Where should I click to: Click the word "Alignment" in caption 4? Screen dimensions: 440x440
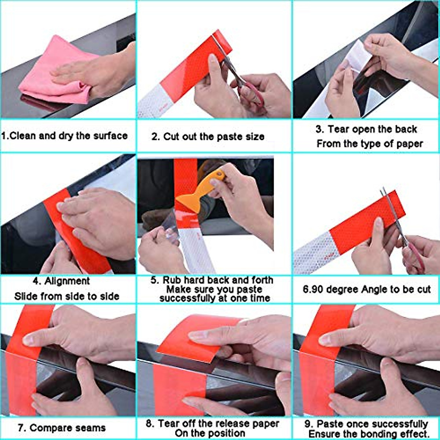67,281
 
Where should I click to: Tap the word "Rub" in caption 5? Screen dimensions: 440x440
172,280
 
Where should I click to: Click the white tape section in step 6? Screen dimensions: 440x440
312,253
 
